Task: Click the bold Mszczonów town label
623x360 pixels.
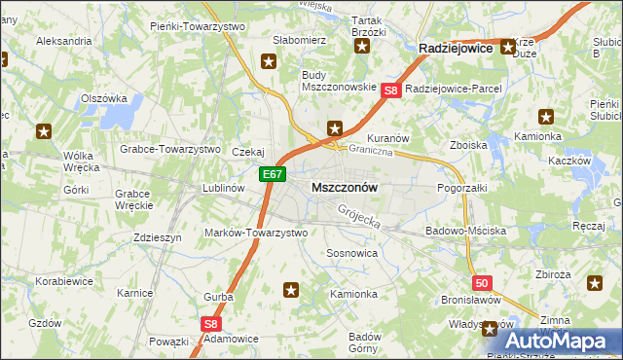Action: [344, 186]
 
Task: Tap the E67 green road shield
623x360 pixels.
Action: [273, 175]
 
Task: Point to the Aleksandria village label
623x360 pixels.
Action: [63, 42]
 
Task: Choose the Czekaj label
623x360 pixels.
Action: [248, 152]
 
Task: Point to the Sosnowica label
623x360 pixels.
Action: [351, 252]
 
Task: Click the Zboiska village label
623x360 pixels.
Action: [468, 145]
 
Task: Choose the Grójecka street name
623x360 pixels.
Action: [358, 217]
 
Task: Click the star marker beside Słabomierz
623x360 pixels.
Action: [269, 60]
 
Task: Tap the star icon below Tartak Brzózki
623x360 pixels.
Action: [362, 46]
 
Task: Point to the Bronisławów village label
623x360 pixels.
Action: [470, 301]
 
